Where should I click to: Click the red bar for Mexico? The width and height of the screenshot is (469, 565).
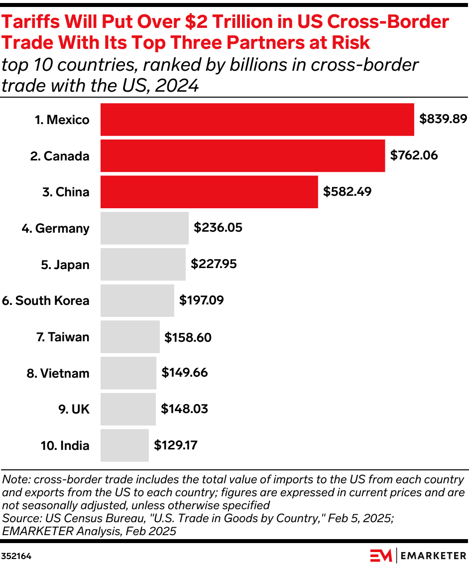[257, 120]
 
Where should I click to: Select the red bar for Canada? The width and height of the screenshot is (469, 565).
[242, 156]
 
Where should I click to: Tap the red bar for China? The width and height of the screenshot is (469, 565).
[209, 192]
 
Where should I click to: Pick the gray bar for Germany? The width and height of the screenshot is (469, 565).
[144, 228]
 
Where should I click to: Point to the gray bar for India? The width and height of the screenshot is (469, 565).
[124, 445]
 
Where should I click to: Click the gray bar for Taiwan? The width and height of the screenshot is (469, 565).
[130, 337]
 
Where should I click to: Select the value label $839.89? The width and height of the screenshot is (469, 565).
[443, 119]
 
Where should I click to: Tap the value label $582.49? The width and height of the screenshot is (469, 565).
[347, 192]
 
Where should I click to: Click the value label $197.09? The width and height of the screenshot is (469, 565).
[201, 300]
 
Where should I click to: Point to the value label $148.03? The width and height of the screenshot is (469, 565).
[184, 409]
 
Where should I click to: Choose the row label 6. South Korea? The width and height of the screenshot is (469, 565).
[46, 301]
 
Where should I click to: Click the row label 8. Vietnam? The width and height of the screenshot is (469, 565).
[58, 373]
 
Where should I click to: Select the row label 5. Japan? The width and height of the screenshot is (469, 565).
[65, 265]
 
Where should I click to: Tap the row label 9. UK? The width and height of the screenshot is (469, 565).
[74, 409]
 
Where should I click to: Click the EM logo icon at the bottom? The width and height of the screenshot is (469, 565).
[381, 555]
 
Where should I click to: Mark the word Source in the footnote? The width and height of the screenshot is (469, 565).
[18, 518]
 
